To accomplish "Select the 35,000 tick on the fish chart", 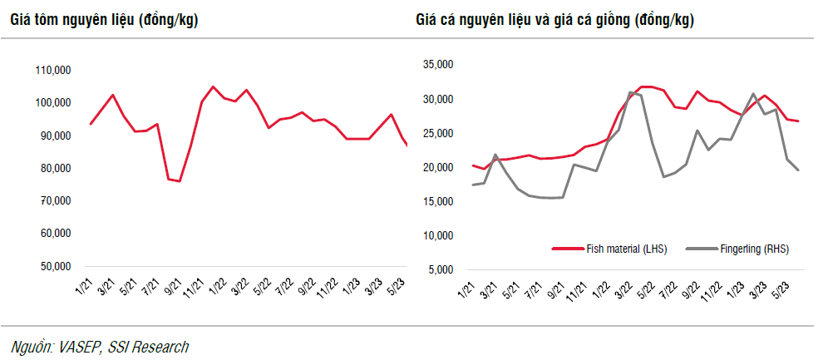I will point(438,65).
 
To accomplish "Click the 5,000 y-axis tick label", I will point(441,270).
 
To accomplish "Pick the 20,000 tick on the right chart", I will point(438,168).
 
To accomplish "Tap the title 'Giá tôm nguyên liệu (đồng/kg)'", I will point(104,19).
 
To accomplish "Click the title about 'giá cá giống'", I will point(554,19).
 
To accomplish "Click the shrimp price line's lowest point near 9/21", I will point(180,181).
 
